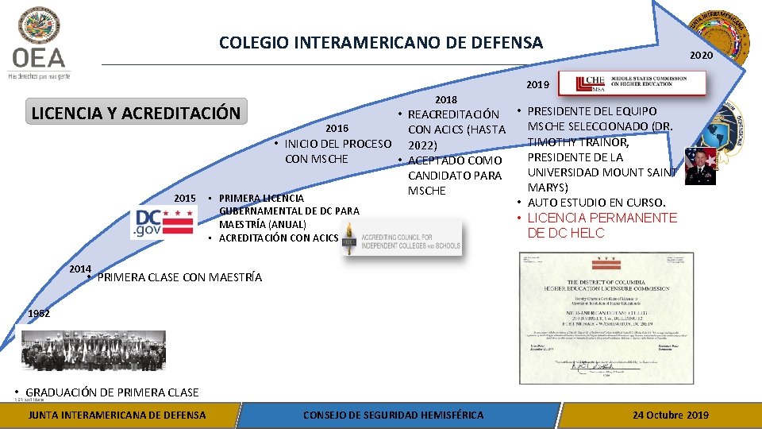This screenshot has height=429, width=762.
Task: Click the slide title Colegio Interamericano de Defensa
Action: [381, 43]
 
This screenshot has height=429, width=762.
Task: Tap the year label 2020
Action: [701, 56]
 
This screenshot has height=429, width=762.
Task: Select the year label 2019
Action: [537, 84]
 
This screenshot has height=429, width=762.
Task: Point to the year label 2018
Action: [446, 100]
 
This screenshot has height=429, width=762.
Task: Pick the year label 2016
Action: [337, 128]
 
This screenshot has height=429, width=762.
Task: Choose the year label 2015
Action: [185, 197]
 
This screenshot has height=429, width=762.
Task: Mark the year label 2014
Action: [80, 269]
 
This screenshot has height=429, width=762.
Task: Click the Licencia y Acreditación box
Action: [136, 113]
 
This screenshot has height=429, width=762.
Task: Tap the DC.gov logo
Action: [164, 222]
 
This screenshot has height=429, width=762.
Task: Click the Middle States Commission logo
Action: [632, 83]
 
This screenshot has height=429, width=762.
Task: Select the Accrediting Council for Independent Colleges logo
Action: [402, 241]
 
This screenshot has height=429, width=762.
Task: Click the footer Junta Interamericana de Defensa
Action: [117, 415]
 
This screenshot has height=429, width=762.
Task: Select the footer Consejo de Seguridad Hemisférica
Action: [393, 415]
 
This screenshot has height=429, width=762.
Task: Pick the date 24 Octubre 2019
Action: [671, 415]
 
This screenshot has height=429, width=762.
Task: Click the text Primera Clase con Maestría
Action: [179, 277]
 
